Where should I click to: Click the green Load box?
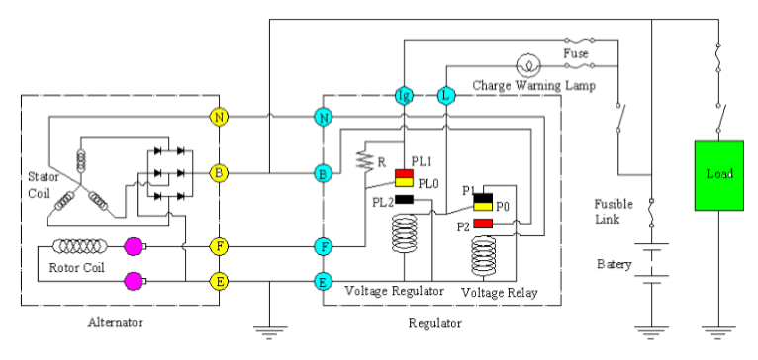point(719,175)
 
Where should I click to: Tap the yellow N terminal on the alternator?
point(219,117)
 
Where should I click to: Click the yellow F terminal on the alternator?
point(219,246)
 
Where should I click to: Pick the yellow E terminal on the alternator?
point(219,282)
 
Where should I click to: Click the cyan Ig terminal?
point(403,96)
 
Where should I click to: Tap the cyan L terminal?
point(446,96)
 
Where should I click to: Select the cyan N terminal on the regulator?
point(323,117)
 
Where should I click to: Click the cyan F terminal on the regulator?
point(323,246)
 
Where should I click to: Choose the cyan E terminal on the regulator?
point(323,282)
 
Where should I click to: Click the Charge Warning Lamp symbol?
point(530,67)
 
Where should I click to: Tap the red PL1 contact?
point(404,163)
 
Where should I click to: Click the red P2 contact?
point(483,225)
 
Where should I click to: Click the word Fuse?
point(575,51)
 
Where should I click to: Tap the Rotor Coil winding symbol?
point(83,246)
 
